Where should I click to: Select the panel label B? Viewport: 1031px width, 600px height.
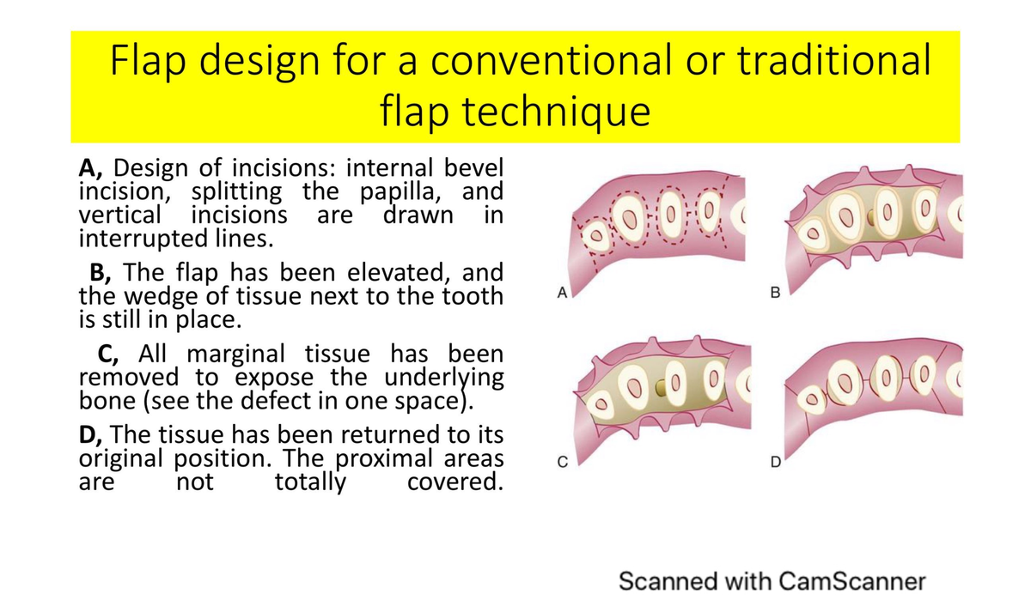776,294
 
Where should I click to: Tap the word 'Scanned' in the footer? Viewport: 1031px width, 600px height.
662,580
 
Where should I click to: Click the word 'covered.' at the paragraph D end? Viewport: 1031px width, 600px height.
454,482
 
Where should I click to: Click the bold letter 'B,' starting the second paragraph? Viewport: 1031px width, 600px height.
102,274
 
